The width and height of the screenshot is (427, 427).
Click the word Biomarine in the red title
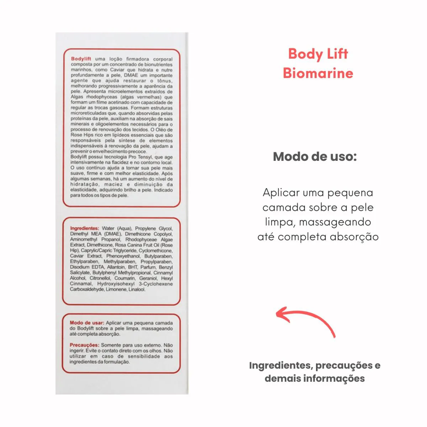(x=318, y=73)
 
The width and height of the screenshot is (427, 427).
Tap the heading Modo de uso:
(x=315, y=157)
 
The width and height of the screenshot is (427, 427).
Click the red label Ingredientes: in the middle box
(x=84, y=228)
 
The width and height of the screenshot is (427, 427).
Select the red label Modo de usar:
(x=87, y=323)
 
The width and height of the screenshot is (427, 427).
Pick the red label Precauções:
(x=84, y=345)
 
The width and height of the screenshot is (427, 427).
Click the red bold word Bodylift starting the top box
(x=81, y=59)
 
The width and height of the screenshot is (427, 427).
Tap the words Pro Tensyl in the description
(x=140, y=157)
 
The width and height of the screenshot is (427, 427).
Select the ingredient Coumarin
(x=125, y=278)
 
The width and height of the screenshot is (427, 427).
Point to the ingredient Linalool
(x=137, y=289)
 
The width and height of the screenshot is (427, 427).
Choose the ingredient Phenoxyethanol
(x=123, y=256)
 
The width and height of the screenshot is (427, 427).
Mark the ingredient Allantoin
(x=116, y=267)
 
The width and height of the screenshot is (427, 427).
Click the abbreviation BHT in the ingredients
(x=133, y=267)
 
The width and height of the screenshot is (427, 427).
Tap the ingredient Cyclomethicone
(x=155, y=251)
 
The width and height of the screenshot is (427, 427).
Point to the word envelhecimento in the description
(x=106, y=152)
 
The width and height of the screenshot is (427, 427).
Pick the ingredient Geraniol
(x=148, y=278)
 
